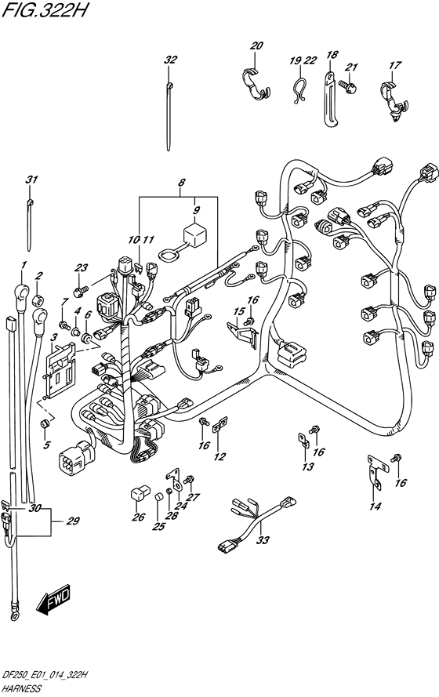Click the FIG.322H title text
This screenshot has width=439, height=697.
pyautogui.click(x=46, y=13)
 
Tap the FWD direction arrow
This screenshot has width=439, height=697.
pyautogui.click(x=53, y=601)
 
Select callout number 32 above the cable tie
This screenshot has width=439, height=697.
pyautogui.click(x=170, y=60)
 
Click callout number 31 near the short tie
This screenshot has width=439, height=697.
pyautogui.click(x=31, y=181)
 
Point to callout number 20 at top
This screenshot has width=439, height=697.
pyautogui.click(x=256, y=46)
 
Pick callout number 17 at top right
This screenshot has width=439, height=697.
pyautogui.click(x=394, y=66)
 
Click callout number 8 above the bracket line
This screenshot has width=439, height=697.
pyautogui.click(x=182, y=185)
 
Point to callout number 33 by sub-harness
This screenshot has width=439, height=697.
pyautogui.click(x=262, y=539)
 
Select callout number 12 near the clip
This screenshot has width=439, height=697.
pyautogui.click(x=219, y=456)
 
